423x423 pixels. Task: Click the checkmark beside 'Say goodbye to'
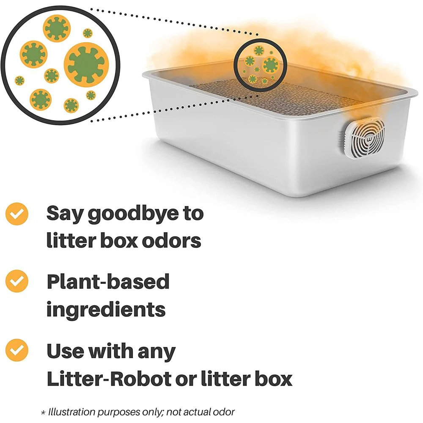coord(17,214)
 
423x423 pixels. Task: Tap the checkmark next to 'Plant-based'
coord(17,281)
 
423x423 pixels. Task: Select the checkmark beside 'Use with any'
coord(17,350)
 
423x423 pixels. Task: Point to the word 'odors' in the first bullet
coord(172,240)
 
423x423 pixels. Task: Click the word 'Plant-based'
coord(108,282)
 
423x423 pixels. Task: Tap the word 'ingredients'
coord(106,310)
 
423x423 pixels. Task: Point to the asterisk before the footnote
coord(43,413)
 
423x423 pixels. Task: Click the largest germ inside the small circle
coord(270,65)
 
